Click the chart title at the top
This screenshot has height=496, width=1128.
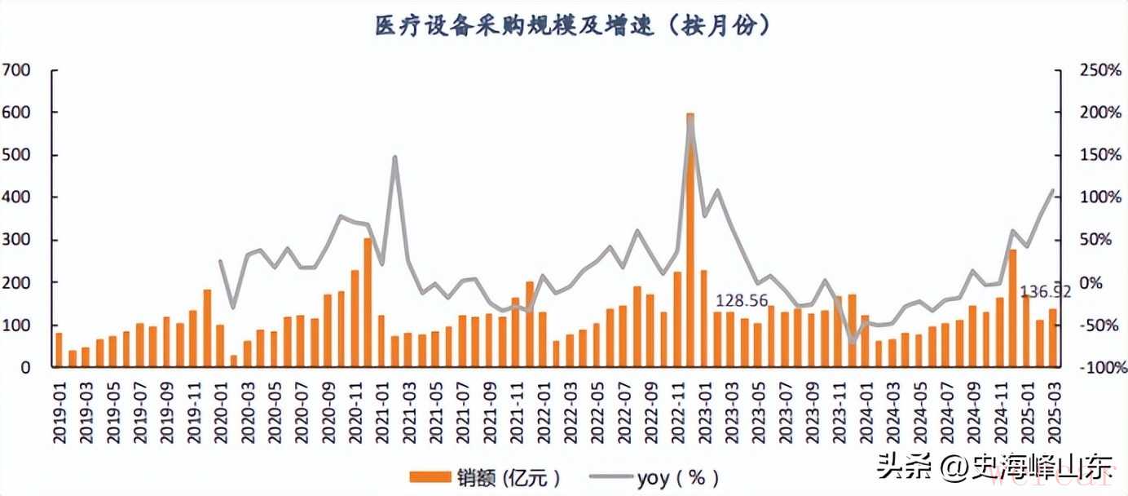coord(571,26)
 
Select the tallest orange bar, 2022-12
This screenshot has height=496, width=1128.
coord(690,241)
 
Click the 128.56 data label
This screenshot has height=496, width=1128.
coord(742,301)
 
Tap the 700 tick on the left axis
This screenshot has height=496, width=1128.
coord(17,70)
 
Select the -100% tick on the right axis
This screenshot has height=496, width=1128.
coord(1097,368)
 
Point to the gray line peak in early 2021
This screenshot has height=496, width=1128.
coord(394,157)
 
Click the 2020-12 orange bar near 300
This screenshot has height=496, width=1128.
coord(368,303)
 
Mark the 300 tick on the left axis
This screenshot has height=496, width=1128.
coord(17,240)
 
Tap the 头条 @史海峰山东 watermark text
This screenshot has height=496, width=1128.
coord(994,467)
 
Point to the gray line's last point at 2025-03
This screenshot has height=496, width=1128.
coord(1053,191)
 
